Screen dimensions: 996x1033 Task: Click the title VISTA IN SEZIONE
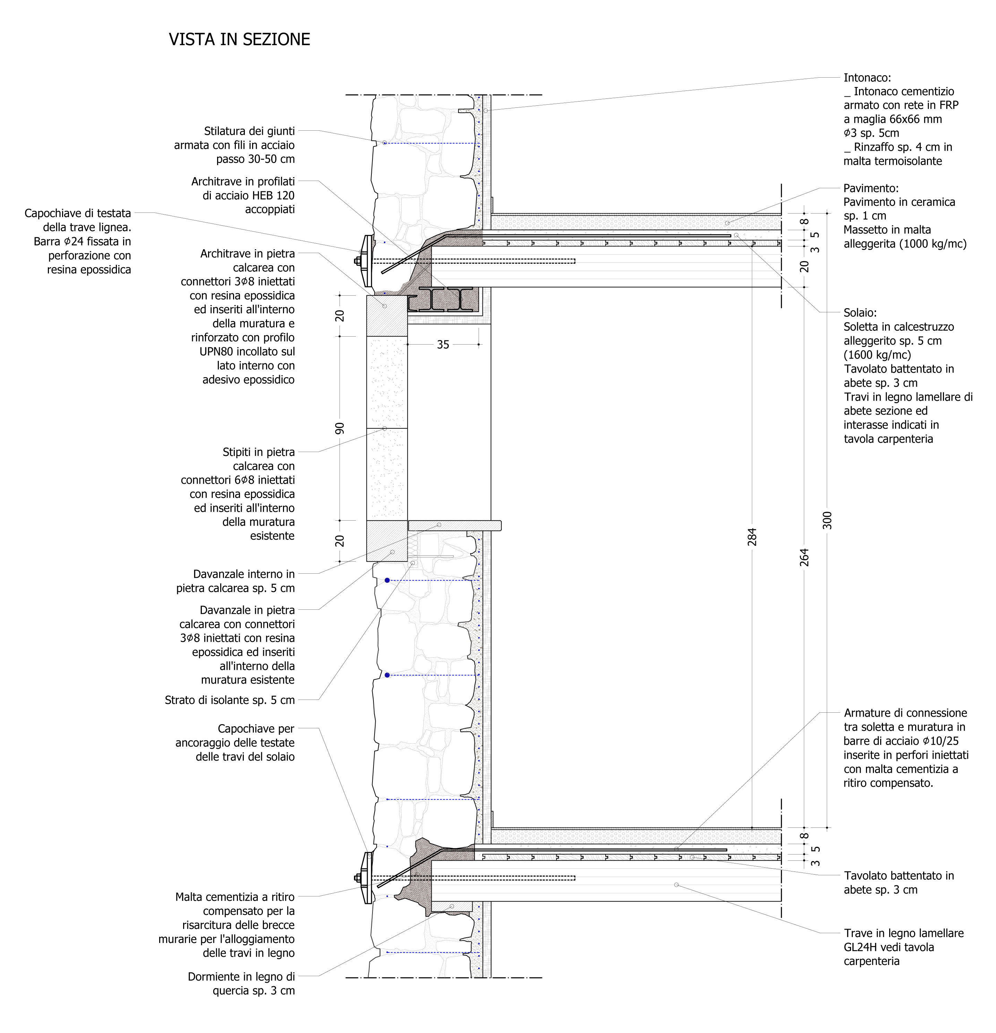coord(239,40)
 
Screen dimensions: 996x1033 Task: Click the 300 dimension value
coord(827,520)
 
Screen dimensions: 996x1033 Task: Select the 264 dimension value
coord(804,557)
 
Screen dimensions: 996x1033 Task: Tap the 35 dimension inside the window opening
coord(443,345)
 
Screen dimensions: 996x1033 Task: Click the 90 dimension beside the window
coord(340,428)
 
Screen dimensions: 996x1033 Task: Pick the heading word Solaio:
coord(860,313)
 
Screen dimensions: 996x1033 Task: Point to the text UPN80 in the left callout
coord(217,351)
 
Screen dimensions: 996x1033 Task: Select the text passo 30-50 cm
coord(256,159)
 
